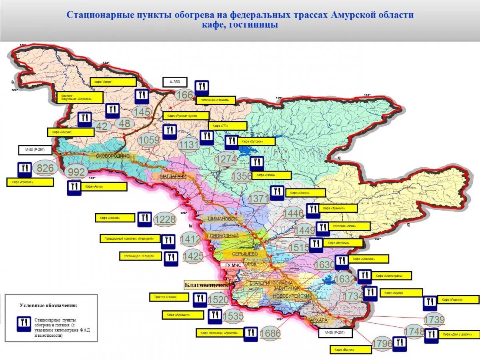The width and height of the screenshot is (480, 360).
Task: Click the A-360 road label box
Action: (175, 82)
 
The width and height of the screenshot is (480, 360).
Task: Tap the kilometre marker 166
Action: (184, 95)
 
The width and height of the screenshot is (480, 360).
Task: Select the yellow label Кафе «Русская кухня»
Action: (186, 116)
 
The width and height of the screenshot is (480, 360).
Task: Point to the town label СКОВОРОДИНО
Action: (113, 156)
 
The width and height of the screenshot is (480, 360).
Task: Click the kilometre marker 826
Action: (45, 168)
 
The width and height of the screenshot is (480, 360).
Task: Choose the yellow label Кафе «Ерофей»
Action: (30, 182)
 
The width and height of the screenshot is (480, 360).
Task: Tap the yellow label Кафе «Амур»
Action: (104, 187)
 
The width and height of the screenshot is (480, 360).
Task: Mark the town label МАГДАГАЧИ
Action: (173, 176)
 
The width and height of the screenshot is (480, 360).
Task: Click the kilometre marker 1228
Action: (165, 219)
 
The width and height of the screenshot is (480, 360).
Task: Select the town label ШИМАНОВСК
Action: (222, 219)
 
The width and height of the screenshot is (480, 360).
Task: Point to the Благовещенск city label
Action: (206, 285)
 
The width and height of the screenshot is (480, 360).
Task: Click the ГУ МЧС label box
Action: (233, 265)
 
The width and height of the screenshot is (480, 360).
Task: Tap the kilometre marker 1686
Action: (270, 333)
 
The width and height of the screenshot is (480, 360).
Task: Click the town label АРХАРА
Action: (319, 320)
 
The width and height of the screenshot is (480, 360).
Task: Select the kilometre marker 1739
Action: (434, 320)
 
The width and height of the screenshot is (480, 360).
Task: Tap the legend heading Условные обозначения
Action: (48, 306)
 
